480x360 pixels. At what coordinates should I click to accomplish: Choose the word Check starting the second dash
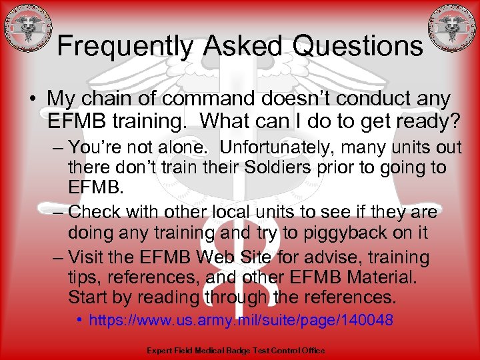pyautogui.click(x=95, y=212)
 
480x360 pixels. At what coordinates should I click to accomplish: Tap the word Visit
pyautogui.click(x=91, y=257)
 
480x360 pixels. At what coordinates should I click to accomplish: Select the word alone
pyautogui.click(x=191, y=146)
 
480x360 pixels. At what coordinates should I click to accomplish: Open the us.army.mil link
pyautogui.click(x=241, y=321)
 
